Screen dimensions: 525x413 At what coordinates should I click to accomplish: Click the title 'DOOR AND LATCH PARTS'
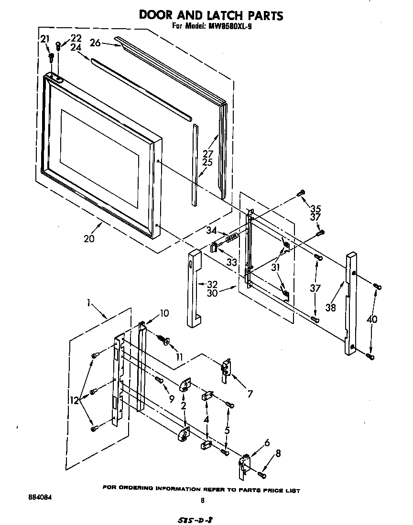point(211,15)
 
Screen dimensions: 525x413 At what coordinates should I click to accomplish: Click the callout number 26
point(95,43)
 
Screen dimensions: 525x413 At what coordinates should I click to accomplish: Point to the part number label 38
point(330,309)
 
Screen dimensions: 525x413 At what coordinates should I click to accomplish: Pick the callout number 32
point(212,284)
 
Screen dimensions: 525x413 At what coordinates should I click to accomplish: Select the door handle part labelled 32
point(195,289)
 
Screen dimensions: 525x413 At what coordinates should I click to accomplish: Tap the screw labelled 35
point(301,193)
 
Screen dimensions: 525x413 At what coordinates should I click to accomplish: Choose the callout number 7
point(250,394)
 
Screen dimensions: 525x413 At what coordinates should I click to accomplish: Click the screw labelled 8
point(261,474)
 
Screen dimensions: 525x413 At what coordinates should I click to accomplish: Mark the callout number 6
point(267,443)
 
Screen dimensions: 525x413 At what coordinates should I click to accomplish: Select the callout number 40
point(371,320)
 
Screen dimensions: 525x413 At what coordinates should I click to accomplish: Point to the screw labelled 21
point(51,57)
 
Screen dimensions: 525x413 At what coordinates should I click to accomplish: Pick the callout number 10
point(164,313)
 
